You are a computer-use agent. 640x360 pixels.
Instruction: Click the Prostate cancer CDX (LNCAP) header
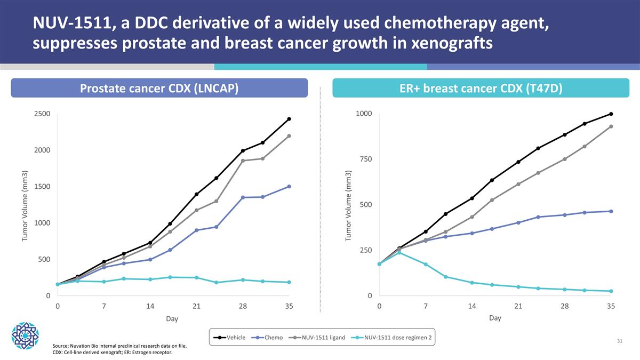click(159, 88)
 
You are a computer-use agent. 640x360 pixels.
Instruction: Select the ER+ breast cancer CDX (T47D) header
click(481, 88)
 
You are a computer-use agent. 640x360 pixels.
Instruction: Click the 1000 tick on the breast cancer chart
click(363, 114)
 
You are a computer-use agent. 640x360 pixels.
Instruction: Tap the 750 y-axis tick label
click(366, 159)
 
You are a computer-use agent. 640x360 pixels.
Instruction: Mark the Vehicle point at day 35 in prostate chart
click(289, 119)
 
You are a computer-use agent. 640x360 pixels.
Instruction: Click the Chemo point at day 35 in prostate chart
click(289, 186)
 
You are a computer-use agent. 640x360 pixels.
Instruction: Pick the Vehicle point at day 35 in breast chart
click(611, 114)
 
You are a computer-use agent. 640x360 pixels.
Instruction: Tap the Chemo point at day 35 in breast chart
click(611, 211)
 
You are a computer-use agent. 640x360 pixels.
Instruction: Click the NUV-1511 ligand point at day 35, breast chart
click(611, 126)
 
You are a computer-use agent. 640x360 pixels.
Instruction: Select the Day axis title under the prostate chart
click(172, 319)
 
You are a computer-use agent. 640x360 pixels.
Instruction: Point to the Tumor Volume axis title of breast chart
click(348, 205)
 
